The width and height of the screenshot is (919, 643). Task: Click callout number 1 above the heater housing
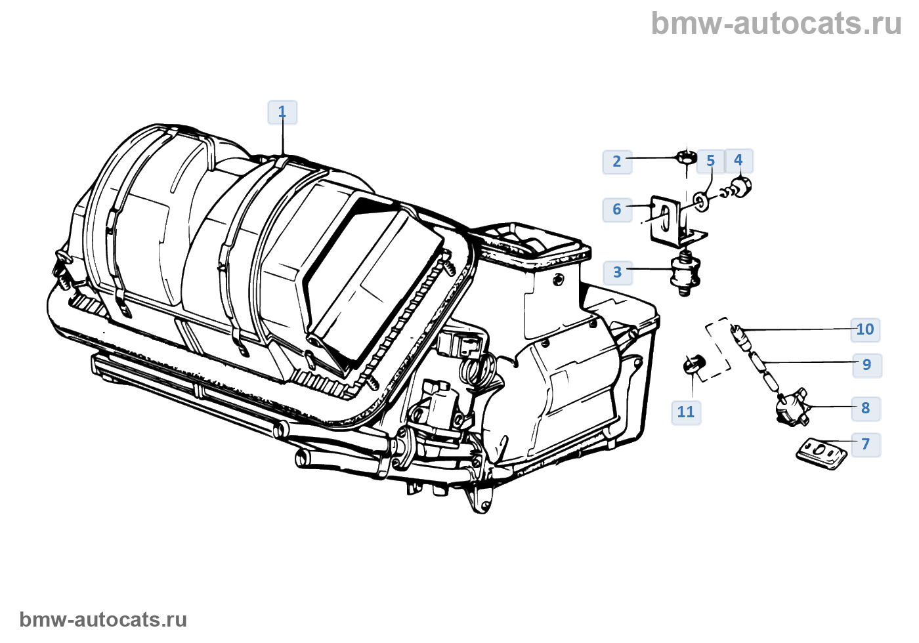pos(282,112)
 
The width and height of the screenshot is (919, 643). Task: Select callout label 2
pos(617,161)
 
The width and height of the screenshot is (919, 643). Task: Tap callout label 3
pos(617,272)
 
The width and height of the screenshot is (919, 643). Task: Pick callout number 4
pos(738,160)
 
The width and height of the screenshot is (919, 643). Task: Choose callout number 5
pos(710,161)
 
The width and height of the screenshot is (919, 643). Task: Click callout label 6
pos(617,209)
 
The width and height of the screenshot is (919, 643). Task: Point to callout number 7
pos(866,444)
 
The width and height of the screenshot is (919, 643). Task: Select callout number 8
pos(866,408)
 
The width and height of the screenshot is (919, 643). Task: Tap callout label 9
pos(866,365)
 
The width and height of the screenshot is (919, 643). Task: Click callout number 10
pos(865,329)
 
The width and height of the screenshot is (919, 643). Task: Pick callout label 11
pos(686,412)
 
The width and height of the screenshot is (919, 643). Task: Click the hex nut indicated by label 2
pos(686,157)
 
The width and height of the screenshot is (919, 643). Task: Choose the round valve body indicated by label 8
pos(790,405)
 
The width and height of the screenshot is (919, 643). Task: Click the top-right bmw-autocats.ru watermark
pos(776,24)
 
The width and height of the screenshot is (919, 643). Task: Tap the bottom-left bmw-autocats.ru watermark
pos(103,619)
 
